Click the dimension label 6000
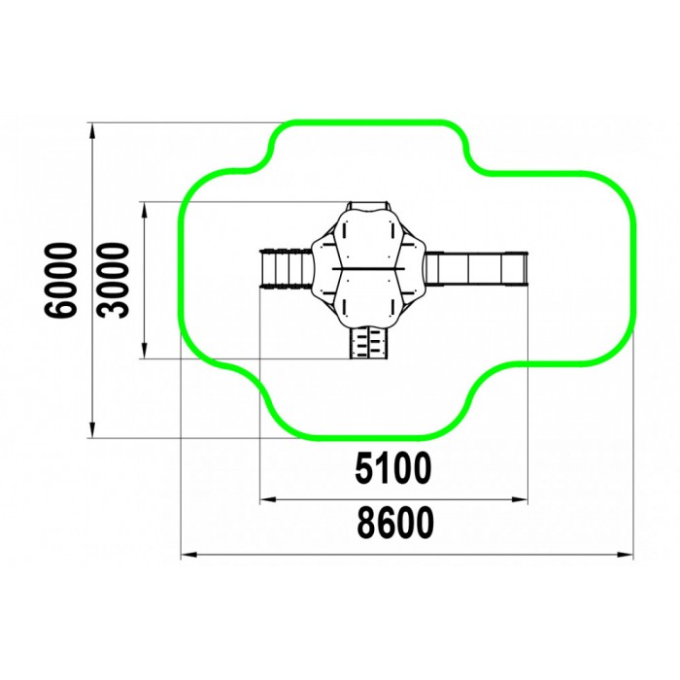coord(61,281)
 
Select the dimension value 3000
coord(114,281)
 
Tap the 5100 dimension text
coord(393,468)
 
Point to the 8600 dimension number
coord(395,523)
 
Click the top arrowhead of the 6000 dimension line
coord(92,130)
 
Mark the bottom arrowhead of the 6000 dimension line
coord(92,430)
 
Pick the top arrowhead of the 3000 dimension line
coord(145,210)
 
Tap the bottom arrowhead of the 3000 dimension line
coord(145,351)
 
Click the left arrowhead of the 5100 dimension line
coord(267,499)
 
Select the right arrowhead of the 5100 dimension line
coord(520,499)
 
